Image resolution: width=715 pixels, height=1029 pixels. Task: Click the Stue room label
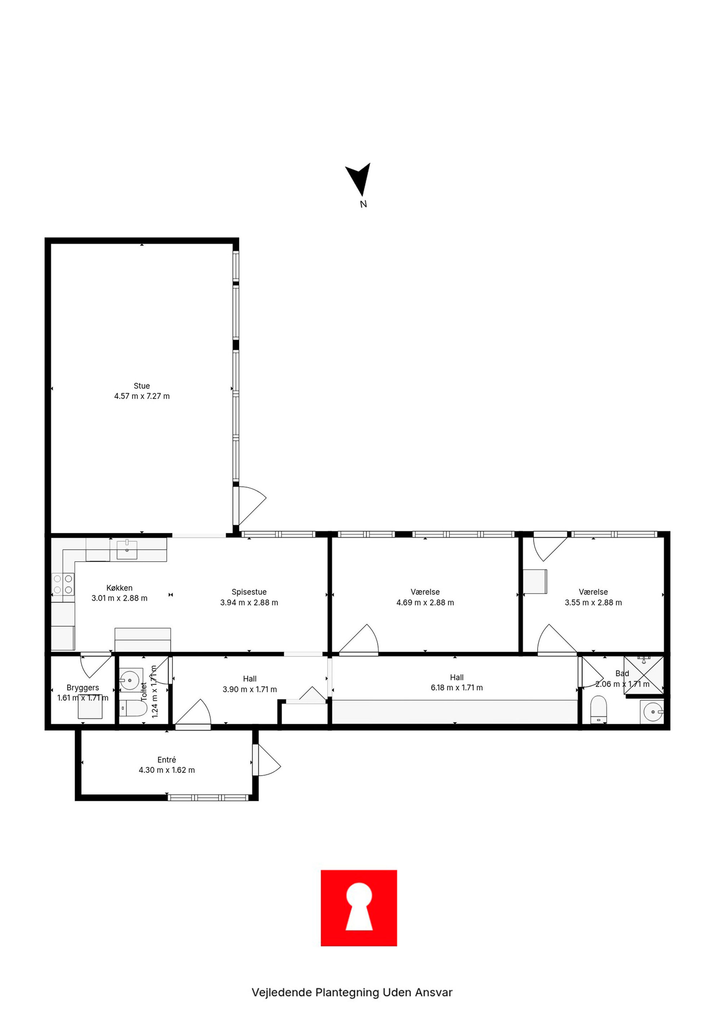[142, 386]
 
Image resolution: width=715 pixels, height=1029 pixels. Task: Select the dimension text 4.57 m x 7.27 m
[142, 396]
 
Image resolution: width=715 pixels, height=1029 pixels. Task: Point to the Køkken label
[120, 588]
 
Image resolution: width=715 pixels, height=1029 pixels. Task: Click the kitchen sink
[127, 550]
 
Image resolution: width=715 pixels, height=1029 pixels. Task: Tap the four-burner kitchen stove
[63, 584]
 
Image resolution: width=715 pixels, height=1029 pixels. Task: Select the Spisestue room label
[249, 592]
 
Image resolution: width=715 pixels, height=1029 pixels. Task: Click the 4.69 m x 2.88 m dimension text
[425, 603]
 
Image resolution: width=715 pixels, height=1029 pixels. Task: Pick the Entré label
[166, 760]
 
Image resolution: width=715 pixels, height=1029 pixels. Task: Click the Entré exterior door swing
[267, 760]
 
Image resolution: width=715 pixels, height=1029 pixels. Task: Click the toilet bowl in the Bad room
[598, 710]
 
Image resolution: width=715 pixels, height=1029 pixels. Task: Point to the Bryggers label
[83, 688]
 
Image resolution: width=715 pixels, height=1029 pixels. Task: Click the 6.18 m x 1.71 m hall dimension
[457, 688]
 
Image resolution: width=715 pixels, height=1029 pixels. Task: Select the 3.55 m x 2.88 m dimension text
[593, 603]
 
